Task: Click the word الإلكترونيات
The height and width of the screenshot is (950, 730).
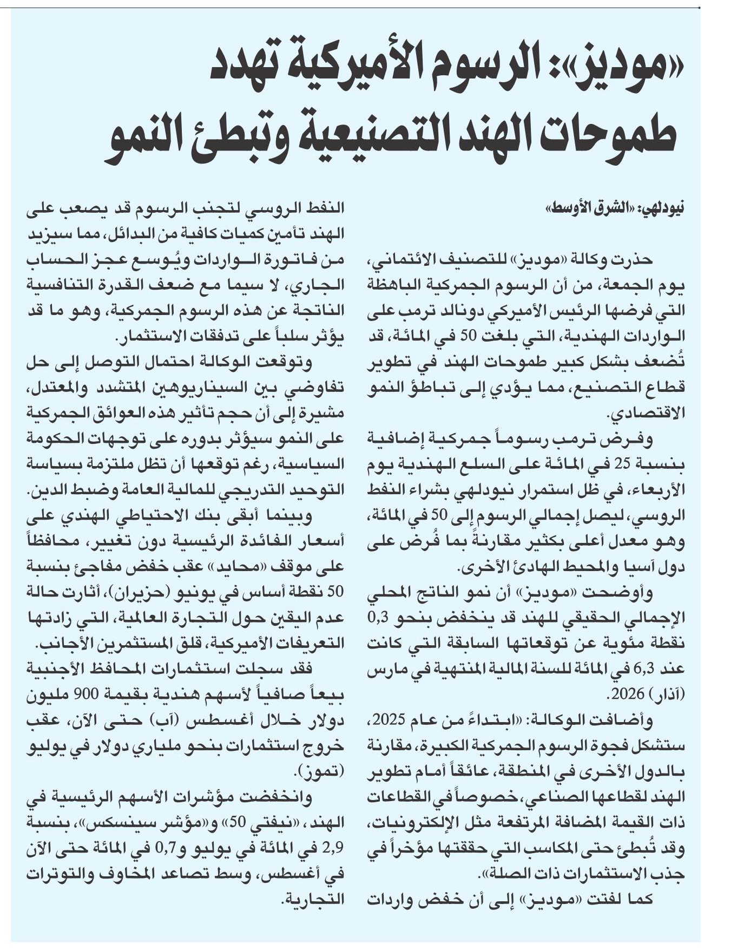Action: click(405, 823)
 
